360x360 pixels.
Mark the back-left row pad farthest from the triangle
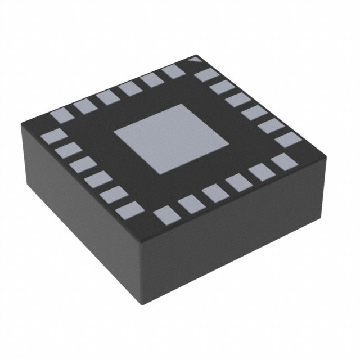(60, 116)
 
